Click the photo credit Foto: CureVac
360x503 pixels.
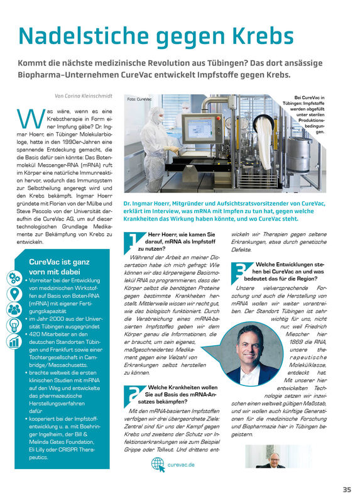click(139, 99)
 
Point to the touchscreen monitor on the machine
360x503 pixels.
click(201, 129)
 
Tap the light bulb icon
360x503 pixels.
click(14, 326)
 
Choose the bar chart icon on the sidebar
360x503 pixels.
click(14, 342)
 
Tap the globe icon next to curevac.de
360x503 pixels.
click(158, 465)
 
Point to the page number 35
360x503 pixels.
click(347, 490)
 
